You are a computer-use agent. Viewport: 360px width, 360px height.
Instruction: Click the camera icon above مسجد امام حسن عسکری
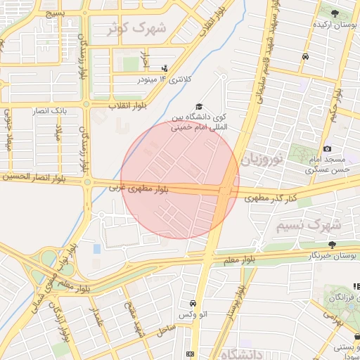[x=327, y=148]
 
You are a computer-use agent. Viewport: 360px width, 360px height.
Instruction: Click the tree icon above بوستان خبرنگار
[x=332, y=245]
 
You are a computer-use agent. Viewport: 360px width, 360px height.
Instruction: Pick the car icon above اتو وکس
[x=192, y=303]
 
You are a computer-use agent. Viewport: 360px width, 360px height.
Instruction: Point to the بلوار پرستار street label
[x=240, y=303]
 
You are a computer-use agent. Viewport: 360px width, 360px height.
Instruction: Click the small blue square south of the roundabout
[x=96, y=249]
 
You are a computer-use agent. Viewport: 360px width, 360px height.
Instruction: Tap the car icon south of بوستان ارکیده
[x=305, y=56]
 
